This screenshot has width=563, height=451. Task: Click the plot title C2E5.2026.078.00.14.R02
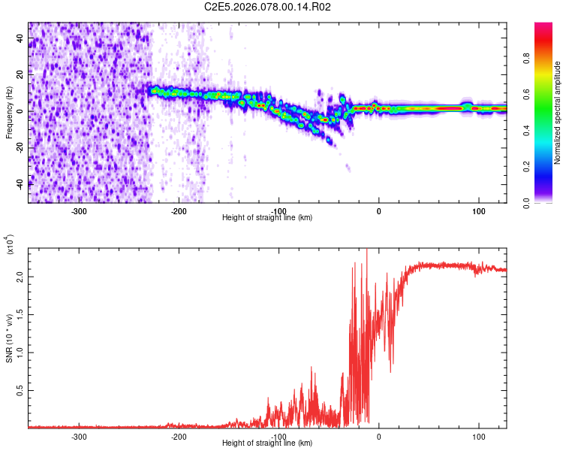[x=268, y=7]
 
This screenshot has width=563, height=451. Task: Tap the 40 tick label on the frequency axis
[x=20, y=39]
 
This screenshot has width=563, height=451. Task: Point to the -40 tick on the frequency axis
[x=20, y=183]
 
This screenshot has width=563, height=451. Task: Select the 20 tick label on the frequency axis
[x=20, y=75]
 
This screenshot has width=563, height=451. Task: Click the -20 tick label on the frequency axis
[x=20, y=147]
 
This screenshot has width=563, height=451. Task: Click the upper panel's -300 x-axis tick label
[x=79, y=210]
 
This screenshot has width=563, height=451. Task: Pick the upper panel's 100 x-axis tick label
[x=478, y=210]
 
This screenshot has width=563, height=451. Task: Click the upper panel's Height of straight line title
[x=267, y=218]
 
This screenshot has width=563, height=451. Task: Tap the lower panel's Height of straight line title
[x=267, y=443]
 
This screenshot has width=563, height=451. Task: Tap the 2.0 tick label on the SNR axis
[x=19, y=277]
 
